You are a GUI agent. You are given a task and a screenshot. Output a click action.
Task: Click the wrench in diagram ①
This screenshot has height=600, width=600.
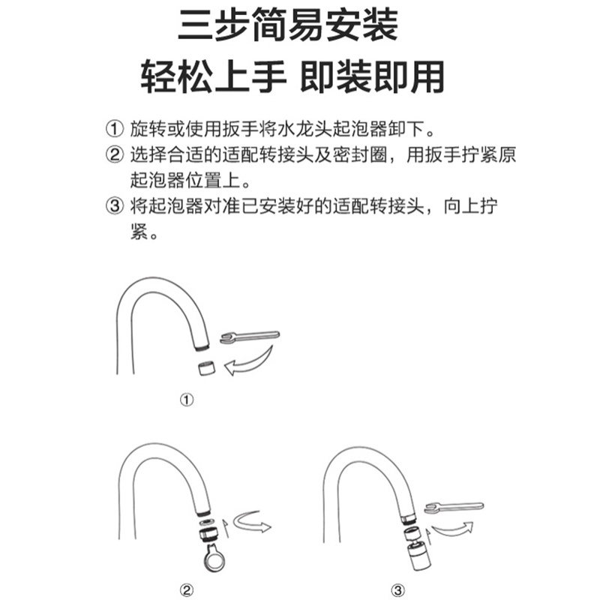250,336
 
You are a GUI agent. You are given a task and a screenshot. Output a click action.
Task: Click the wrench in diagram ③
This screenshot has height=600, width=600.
454,508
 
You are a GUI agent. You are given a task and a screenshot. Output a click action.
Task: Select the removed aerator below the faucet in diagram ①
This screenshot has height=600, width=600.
207,368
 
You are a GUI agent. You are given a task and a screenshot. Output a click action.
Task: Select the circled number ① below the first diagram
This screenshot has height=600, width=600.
187,400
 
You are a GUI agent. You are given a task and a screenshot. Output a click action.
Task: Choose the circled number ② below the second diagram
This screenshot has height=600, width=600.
187,589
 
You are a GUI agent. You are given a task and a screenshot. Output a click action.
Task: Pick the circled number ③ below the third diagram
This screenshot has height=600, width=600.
398,589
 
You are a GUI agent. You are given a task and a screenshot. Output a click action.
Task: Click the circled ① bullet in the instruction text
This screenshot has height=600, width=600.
115,129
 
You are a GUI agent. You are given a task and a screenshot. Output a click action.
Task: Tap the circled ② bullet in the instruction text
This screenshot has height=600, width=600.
115,155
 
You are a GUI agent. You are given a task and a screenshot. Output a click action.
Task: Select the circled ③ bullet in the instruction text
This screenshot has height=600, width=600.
115,206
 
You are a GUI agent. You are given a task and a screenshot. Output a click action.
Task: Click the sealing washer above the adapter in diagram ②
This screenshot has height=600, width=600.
207,522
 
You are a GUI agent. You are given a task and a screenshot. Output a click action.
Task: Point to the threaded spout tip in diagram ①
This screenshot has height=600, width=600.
202,347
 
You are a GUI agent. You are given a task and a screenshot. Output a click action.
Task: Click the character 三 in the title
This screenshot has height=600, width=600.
196,26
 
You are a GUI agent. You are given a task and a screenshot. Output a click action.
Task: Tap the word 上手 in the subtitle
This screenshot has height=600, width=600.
250,77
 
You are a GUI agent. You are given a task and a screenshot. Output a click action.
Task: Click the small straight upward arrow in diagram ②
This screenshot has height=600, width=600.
226,528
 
